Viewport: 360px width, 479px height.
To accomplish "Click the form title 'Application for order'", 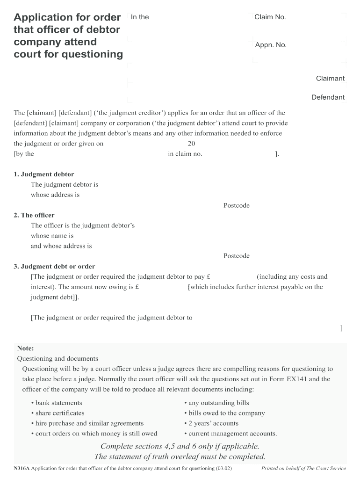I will click(x=67, y=17).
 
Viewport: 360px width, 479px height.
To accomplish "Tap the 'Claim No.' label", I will click(x=270, y=17).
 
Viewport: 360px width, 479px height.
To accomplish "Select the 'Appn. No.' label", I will click(x=271, y=45).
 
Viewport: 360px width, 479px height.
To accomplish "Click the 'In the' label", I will click(x=140, y=17).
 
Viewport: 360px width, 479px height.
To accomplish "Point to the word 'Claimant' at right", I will click(x=330, y=79).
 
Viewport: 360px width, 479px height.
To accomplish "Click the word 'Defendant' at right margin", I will click(x=328, y=97).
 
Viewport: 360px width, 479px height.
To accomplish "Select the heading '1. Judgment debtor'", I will click(x=44, y=174).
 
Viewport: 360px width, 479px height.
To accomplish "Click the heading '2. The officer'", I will click(x=34, y=215).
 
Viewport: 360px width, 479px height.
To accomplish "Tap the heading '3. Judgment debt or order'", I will click(x=54, y=266).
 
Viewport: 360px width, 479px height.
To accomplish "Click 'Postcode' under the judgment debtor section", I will click(x=236, y=205).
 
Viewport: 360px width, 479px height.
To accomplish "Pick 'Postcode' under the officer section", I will click(x=236, y=256).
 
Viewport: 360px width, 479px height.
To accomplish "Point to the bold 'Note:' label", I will click(x=26, y=348).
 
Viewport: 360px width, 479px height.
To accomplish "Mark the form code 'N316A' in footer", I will click(x=22, y=468).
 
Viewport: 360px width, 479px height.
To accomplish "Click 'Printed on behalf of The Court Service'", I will click(x=303, y=468).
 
